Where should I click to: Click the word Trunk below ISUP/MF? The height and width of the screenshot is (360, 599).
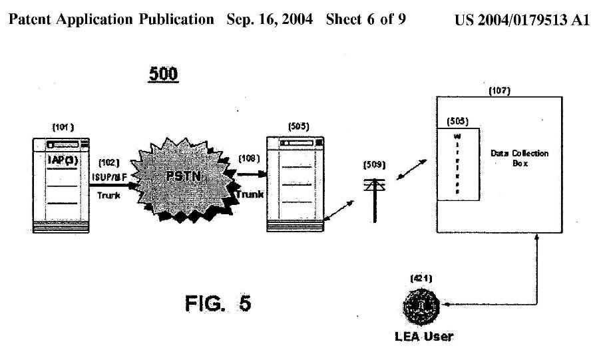click(108, 195)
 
